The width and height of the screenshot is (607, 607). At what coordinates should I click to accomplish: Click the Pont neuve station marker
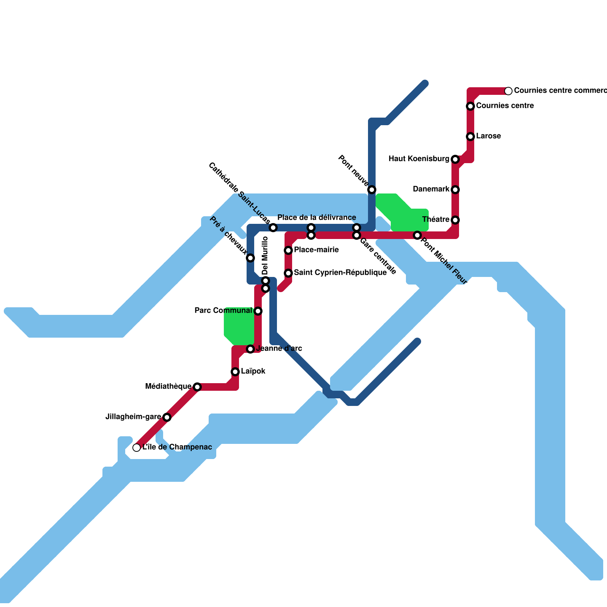coord(372,190)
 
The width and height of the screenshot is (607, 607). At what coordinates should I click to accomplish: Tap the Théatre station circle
coord(455,220)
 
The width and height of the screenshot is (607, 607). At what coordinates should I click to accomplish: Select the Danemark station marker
coord(455,190)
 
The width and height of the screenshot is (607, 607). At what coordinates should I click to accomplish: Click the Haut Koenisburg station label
coord(418,159)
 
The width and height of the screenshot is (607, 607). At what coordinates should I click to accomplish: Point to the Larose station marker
coord(470,137)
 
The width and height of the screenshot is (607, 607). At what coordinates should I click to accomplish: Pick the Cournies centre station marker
coord(470,106)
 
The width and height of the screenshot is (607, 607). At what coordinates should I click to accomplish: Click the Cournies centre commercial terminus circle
coord(508,91)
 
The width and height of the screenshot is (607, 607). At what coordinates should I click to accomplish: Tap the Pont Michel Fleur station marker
coord(417,235)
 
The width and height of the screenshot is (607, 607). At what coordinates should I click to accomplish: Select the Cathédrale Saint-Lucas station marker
coord(273,228)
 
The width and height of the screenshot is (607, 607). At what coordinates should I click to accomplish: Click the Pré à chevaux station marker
coord(250,258)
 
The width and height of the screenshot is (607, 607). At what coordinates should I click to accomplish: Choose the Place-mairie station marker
coord(288,250)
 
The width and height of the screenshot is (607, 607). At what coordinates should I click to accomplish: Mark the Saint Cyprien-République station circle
coord(288,273)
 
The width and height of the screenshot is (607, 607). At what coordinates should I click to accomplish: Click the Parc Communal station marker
coord(258,311)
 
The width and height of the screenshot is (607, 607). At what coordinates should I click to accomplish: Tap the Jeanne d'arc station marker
coord(250,349)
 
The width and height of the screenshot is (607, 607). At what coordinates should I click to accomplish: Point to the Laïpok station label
coord(253,371)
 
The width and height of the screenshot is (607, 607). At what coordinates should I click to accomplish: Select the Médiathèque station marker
coord(197,387)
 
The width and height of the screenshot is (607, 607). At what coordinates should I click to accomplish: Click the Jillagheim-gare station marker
coord(167,417)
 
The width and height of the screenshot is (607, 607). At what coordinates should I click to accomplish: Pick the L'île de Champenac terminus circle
coord(137,448)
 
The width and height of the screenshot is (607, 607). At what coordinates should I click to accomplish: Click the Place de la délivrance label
coord(316,218)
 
